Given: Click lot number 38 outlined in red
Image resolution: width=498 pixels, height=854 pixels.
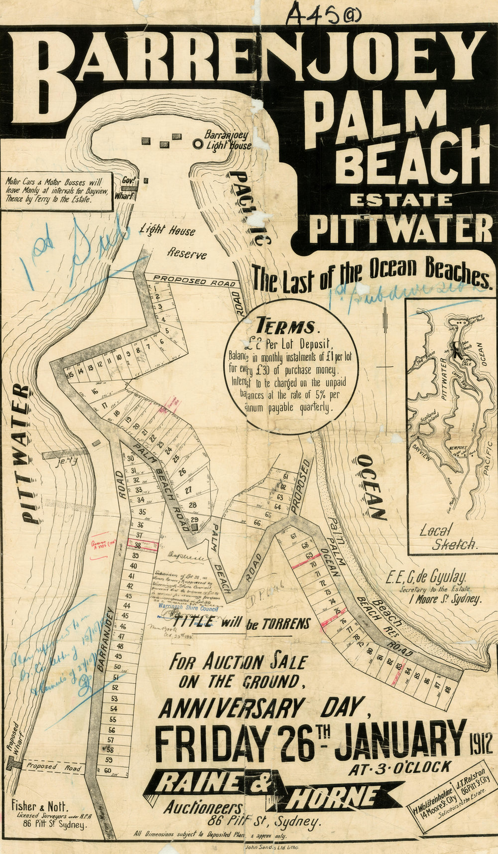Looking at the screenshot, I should [x=138, y=546].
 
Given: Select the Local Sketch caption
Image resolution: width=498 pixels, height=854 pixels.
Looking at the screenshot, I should [x=448, y=537].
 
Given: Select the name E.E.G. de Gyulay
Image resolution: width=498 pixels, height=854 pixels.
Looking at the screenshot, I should [x=426, y=578].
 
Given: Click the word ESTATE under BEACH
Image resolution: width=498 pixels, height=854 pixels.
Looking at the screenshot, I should [x=401, y=200].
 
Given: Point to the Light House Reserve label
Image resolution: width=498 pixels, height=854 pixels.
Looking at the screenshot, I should [x=174, y=241].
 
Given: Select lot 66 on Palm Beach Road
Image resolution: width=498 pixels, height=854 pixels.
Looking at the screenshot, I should [x=257, y=524].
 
